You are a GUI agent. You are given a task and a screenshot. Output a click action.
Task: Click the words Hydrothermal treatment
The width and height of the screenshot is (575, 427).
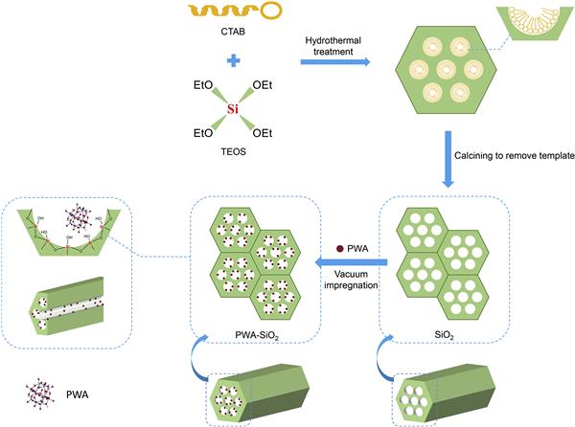pos(332,46)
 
